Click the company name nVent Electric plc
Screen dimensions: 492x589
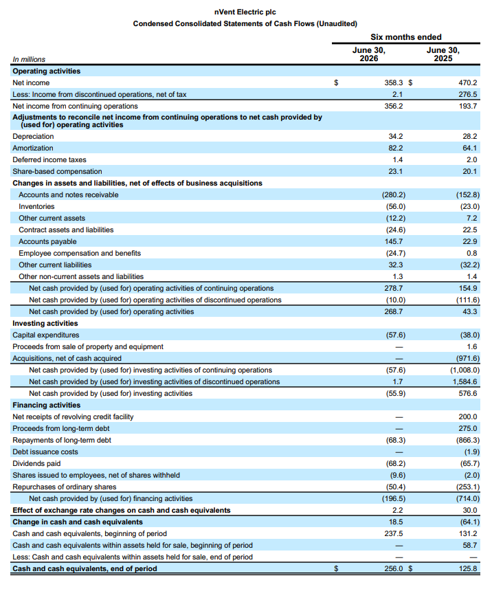(x=245, y=12)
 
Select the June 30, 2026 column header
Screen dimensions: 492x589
(x=369, y=54)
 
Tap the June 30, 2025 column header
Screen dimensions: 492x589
(x=443, y=54)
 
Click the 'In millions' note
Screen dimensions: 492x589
(x=29, y=59)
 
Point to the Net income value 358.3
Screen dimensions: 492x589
(x=393, y=82)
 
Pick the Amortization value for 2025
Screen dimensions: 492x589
(x=469, y=148)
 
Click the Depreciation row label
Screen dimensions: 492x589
(x=33, y=136)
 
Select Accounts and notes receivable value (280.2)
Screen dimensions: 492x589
(x=394, y=195)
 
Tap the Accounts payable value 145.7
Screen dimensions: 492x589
(x=394, y=241)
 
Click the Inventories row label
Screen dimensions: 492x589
(x=36, y=207)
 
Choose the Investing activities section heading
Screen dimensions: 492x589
(x=45, y=324)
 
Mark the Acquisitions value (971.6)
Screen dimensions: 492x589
(x=466, y=358)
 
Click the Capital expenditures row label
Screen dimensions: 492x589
(x=46, y=335)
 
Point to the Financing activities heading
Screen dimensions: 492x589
(x=47, y=405)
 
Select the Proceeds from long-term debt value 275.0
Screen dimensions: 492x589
(x=467, y=429)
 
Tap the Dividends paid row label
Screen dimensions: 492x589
(x=36, y=463)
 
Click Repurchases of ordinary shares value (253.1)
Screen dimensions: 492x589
(x=467, y=487)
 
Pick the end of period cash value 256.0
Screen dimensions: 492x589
(x=393, y=568)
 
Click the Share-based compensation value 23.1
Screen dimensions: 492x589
(x=396, y=171)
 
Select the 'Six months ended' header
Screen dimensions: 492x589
(x=406, y=37)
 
